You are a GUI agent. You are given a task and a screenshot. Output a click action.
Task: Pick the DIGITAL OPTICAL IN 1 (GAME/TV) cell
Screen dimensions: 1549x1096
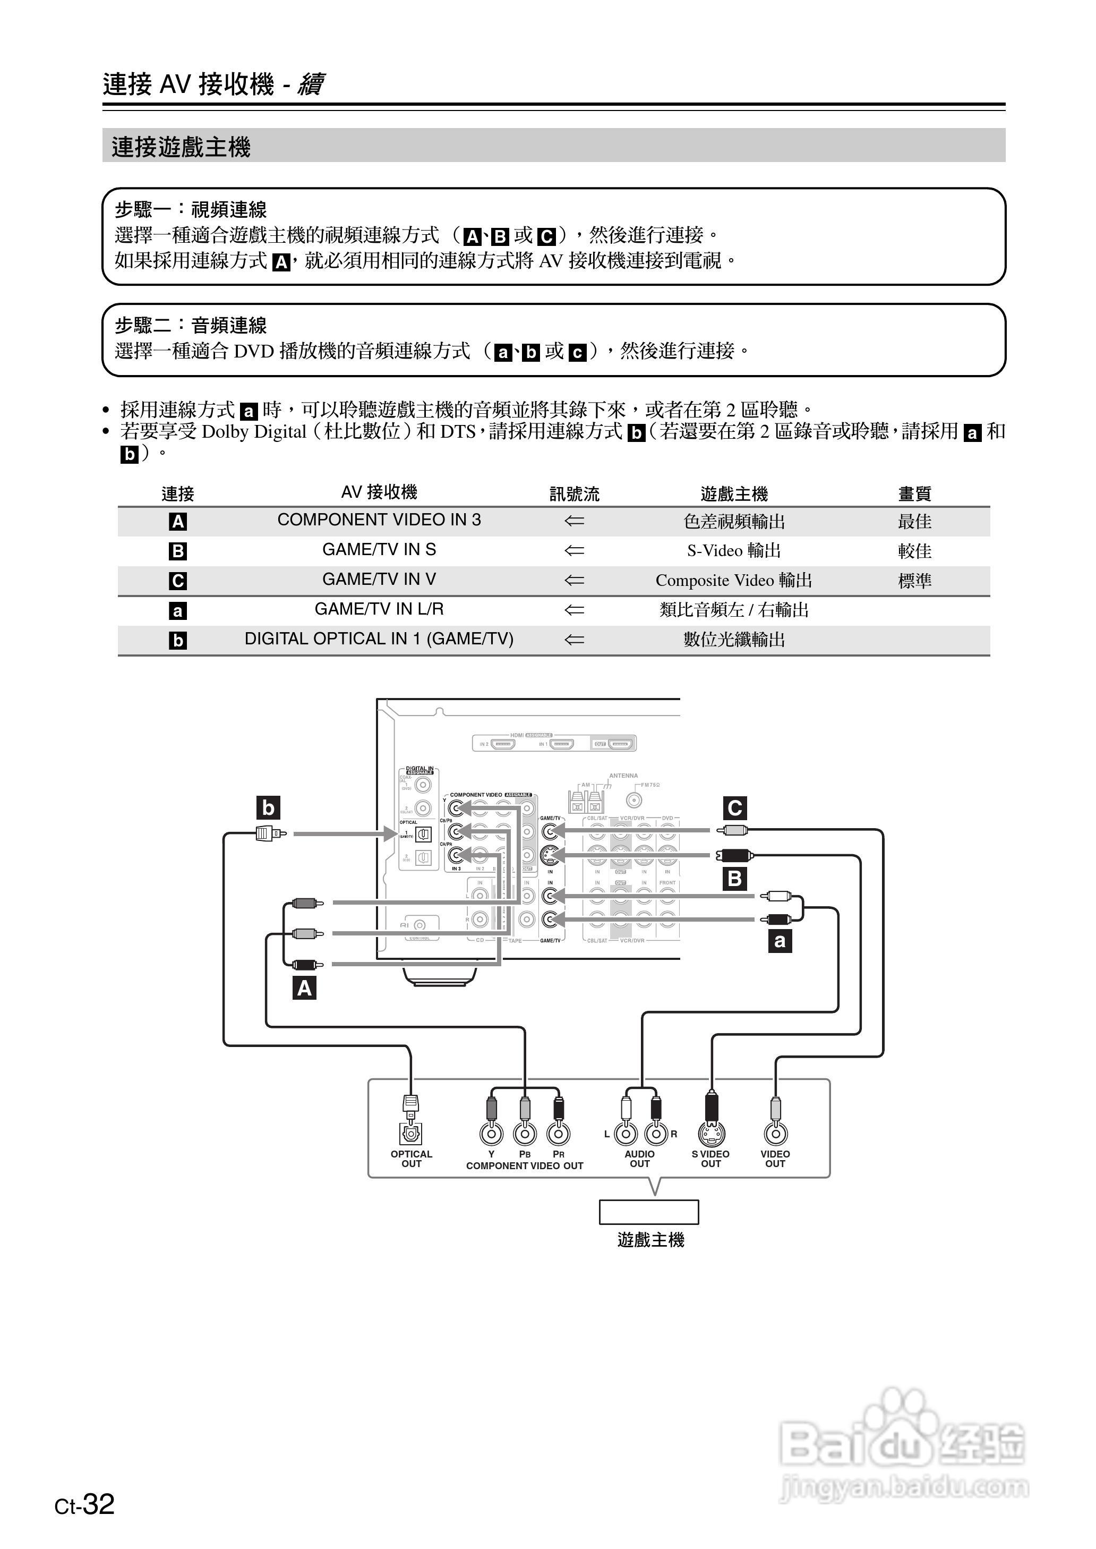point(379,639)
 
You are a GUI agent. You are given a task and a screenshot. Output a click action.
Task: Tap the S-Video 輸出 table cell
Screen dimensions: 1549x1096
point(734,551)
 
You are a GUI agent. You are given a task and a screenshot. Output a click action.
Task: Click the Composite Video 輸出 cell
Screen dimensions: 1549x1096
point(734,581)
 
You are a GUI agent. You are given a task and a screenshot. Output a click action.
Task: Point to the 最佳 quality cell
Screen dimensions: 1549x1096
point(914,521)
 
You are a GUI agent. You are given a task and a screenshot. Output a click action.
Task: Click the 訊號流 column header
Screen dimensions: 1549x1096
point(573,494)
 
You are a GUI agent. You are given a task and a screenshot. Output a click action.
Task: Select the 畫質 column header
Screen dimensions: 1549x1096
point(914,494)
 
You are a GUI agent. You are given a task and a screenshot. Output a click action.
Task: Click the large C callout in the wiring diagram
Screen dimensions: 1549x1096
point(734,808)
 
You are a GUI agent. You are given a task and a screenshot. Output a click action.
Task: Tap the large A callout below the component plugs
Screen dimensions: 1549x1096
point(304,988)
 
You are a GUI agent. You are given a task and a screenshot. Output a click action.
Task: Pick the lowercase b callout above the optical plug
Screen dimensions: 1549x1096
point(268,807)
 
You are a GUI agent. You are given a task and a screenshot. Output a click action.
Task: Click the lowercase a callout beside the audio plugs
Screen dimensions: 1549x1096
point(780,941)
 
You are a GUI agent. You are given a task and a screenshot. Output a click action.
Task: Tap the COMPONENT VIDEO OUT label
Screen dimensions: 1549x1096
point(525,1165)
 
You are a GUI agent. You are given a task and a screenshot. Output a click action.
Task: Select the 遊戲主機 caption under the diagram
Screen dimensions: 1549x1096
point(650,1240)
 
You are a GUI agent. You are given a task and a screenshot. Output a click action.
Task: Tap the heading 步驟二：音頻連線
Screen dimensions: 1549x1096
point(191,325)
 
